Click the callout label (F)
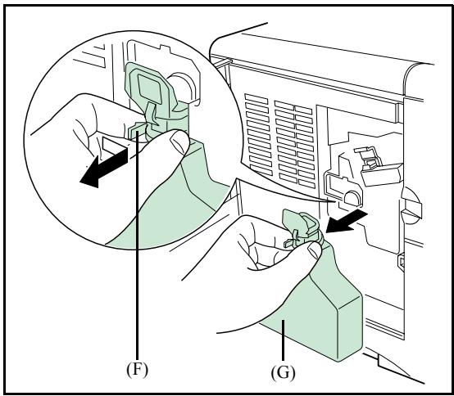click(x=137, y=370)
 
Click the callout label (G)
click(x=284, y=372)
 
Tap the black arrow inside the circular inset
click(x=102, y=168)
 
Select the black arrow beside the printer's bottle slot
click(x=346, y=221)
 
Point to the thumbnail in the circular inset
click(x=179, y=141)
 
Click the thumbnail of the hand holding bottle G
click(x=315, y=250)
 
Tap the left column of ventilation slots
click(x=259, y=133)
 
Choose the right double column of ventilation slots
click(x=295, y=144)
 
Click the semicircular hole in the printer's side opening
click(x=352, y=199)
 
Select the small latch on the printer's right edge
click(x=401, y=262)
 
